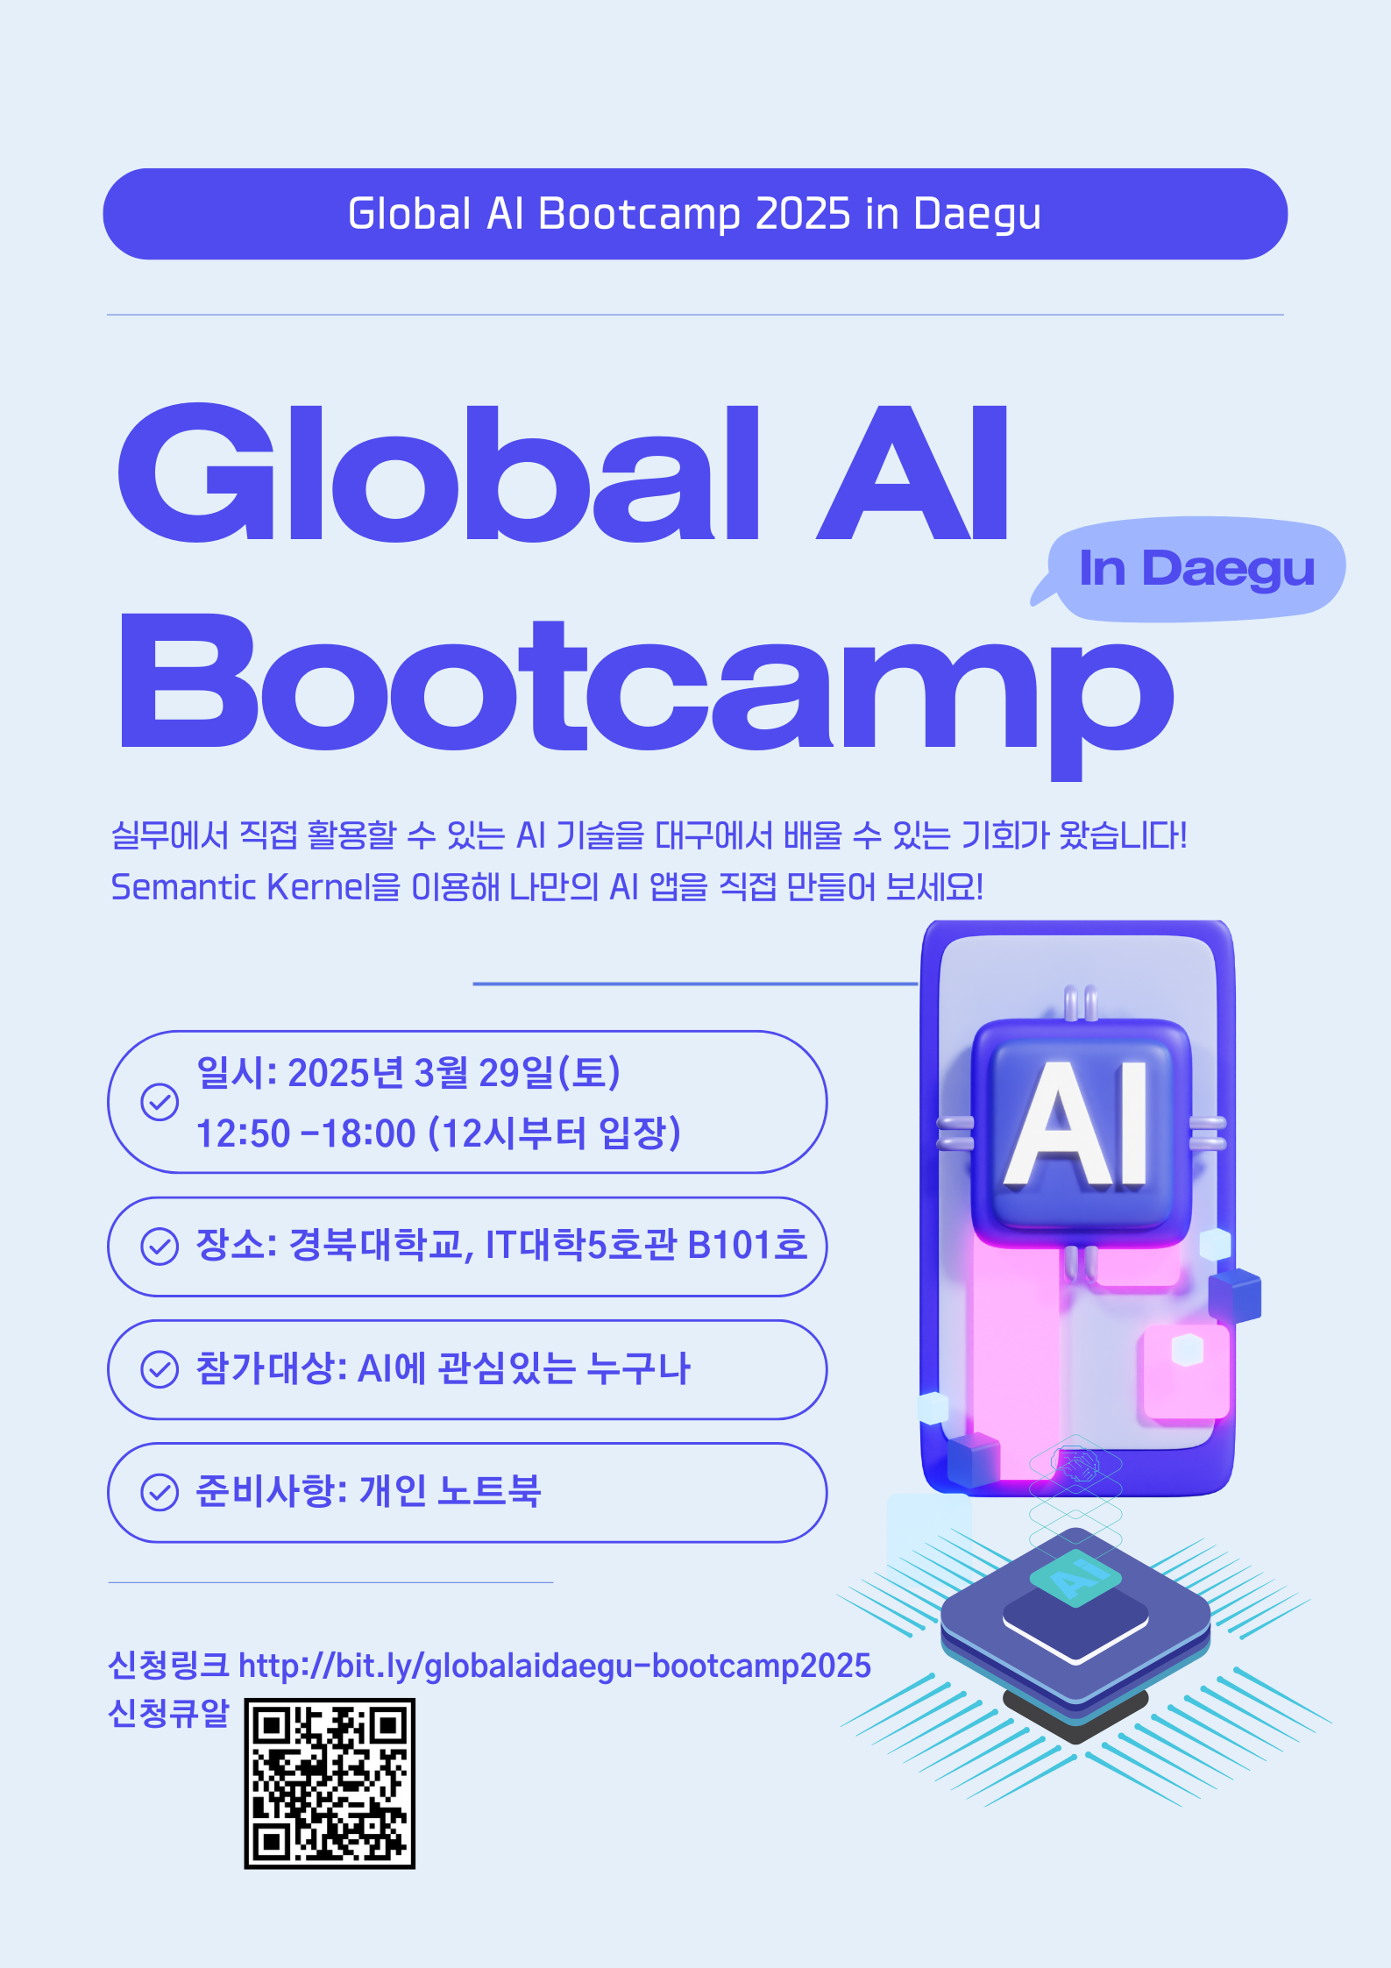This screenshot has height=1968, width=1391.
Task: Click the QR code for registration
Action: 330,1783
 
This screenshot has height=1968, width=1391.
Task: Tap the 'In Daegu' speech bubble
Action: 1192,570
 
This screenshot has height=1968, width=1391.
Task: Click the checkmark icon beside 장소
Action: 160,1246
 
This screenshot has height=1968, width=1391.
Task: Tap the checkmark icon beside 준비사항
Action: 160,1492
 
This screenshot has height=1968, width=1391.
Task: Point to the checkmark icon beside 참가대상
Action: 160,1369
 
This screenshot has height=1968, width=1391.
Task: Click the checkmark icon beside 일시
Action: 160,1102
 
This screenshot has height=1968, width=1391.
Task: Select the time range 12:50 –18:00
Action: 306,1133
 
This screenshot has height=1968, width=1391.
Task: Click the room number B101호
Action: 747,1245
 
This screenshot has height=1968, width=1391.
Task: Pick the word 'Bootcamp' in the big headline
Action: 646,693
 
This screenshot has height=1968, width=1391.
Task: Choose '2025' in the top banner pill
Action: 803,214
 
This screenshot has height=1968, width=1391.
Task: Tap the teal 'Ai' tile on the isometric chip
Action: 1075,1577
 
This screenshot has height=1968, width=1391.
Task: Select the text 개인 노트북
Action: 451,1491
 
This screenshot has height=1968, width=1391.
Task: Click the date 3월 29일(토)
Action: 517,1072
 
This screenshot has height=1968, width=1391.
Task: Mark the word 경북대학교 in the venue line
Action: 375,1245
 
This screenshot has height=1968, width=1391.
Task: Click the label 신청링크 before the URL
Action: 168,1665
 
